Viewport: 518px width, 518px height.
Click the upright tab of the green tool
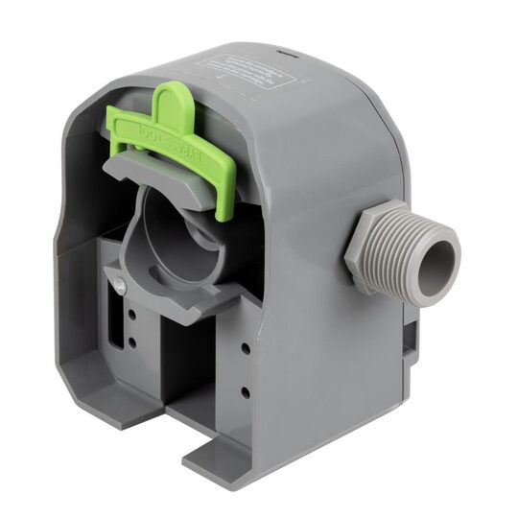169,98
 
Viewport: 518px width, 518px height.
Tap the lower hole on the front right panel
246,391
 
